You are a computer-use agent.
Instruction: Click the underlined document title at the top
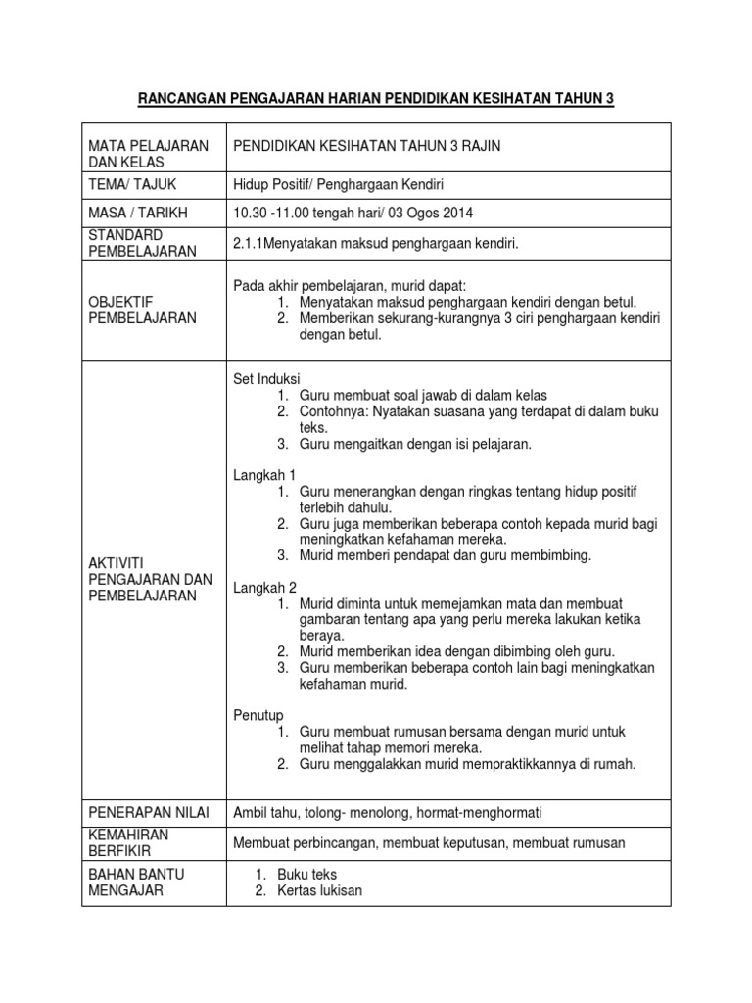(376, 98)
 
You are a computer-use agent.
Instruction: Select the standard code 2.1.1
(248, 243)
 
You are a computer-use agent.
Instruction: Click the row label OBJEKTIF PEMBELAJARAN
(141, 310)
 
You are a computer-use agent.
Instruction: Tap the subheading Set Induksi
(266, 378)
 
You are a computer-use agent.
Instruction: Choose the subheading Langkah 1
(263, 474)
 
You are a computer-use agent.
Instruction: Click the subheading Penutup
(258, 716)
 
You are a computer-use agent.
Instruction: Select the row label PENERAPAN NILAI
(150, 812)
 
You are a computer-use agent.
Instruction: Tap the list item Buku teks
(306, 874)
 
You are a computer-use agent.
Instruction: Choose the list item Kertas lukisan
(319, 890)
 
